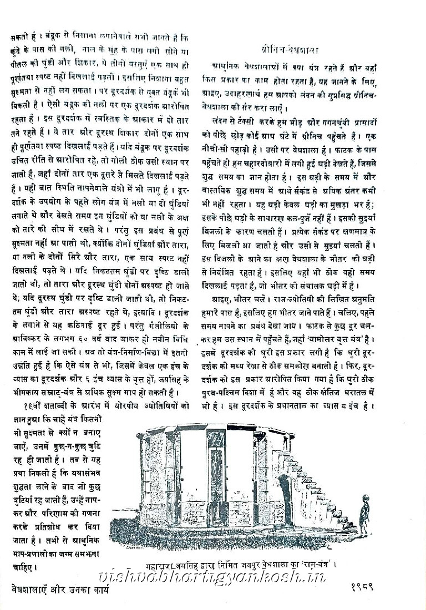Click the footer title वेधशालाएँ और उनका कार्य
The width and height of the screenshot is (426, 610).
pos(60,588)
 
